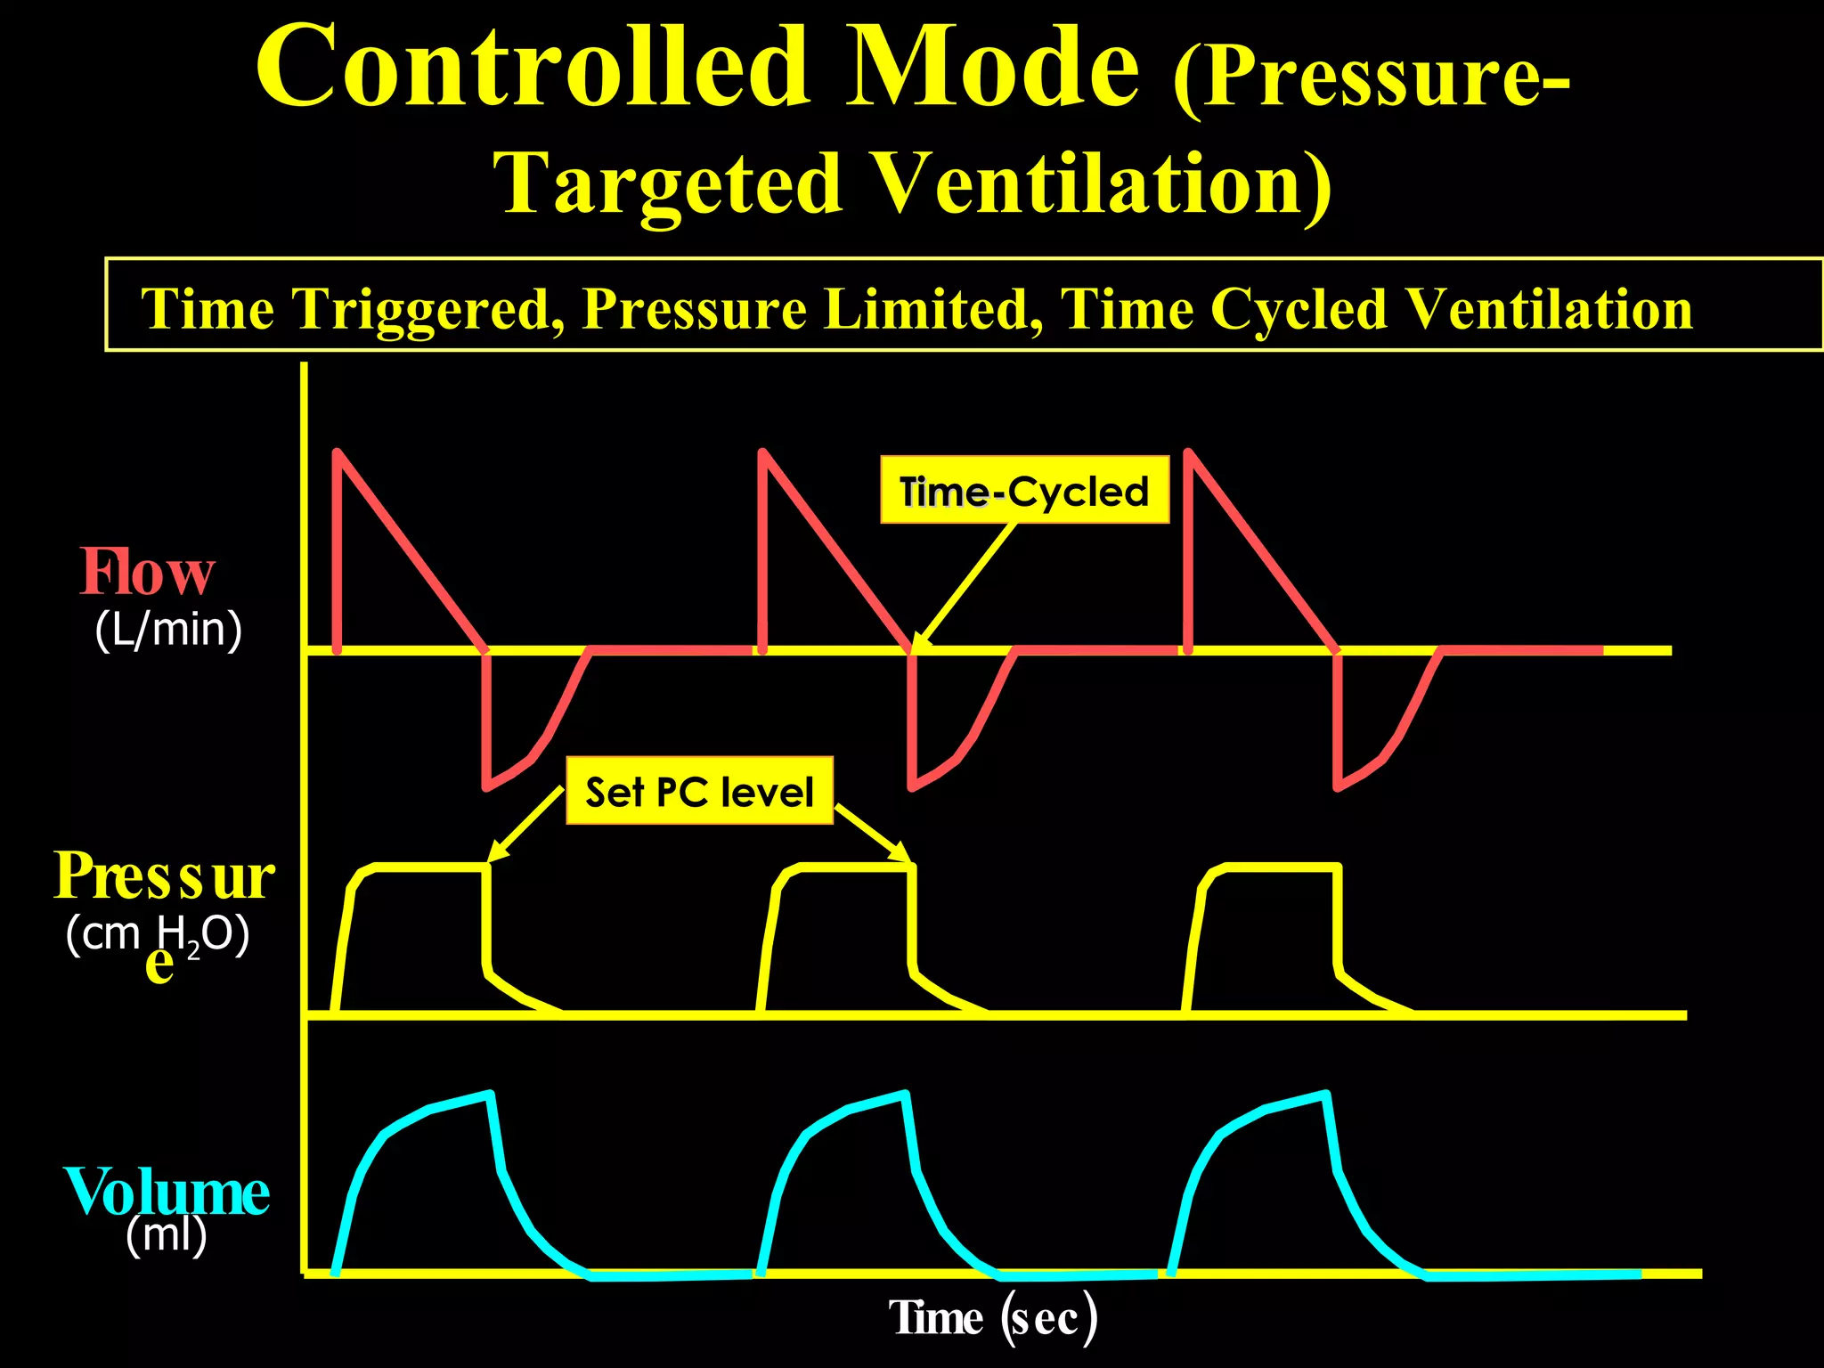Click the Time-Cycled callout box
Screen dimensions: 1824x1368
click(x=1024, y=490)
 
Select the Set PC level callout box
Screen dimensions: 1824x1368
click(x=699, y=791)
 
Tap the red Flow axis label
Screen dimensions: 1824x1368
click(x=148, y=572)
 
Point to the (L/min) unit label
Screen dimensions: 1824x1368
click(x=168, y=630)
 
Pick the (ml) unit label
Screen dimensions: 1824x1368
click(x=167, y=1235)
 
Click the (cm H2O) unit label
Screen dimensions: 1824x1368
click(x=158, y=935)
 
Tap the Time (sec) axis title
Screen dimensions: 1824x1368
click(x=992, y=1318)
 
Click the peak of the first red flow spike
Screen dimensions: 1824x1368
click(x=338, y=452)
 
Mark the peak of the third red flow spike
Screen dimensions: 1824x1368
click(x=1188, y=452)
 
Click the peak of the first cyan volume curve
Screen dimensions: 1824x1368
click(x=488, y=1094)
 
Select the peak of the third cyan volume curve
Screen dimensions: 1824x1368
click(x=1327, y=1094)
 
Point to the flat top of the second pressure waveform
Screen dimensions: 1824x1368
click(x=855, y=865)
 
